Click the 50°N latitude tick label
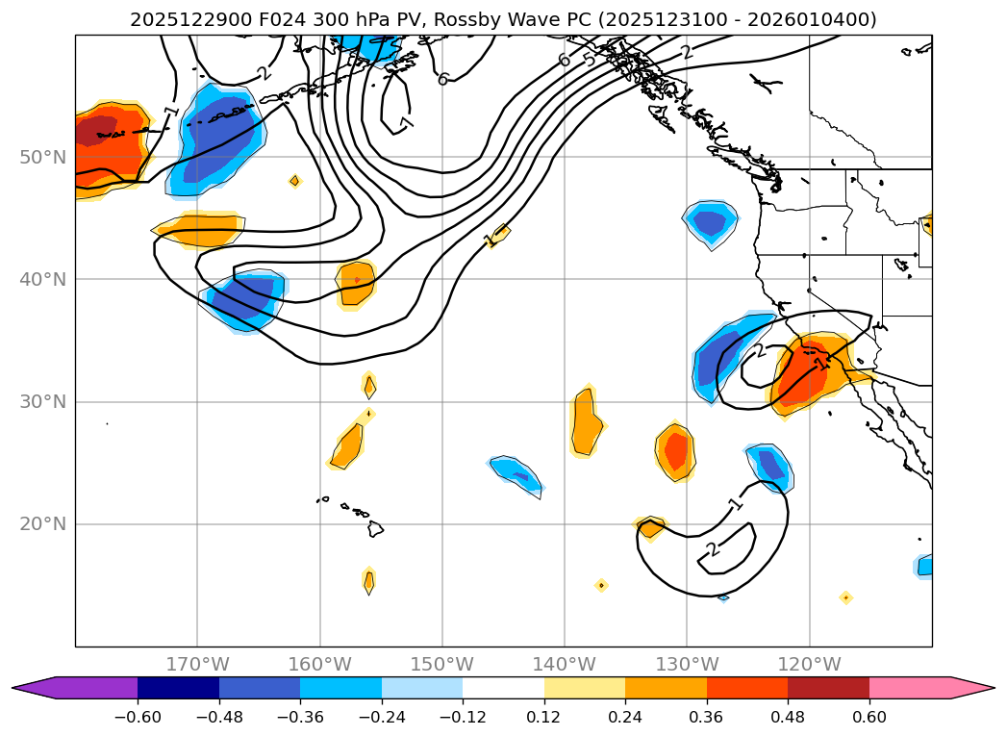[x=42, y=157]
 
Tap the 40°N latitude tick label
[x=42, y=279]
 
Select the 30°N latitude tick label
[x=42, y=401]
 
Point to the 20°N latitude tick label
[x=42, y=524]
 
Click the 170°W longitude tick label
[x=197, y=664]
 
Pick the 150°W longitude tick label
[x=442, y=664]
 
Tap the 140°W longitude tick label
[x=565, y=664]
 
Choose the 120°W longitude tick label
[x=809, y=664]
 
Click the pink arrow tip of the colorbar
[x=981, y=688]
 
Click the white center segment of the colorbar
[x=503, y=688]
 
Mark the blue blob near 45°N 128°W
[x=711, y=222]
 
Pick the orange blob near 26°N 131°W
[x=676, y=450]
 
